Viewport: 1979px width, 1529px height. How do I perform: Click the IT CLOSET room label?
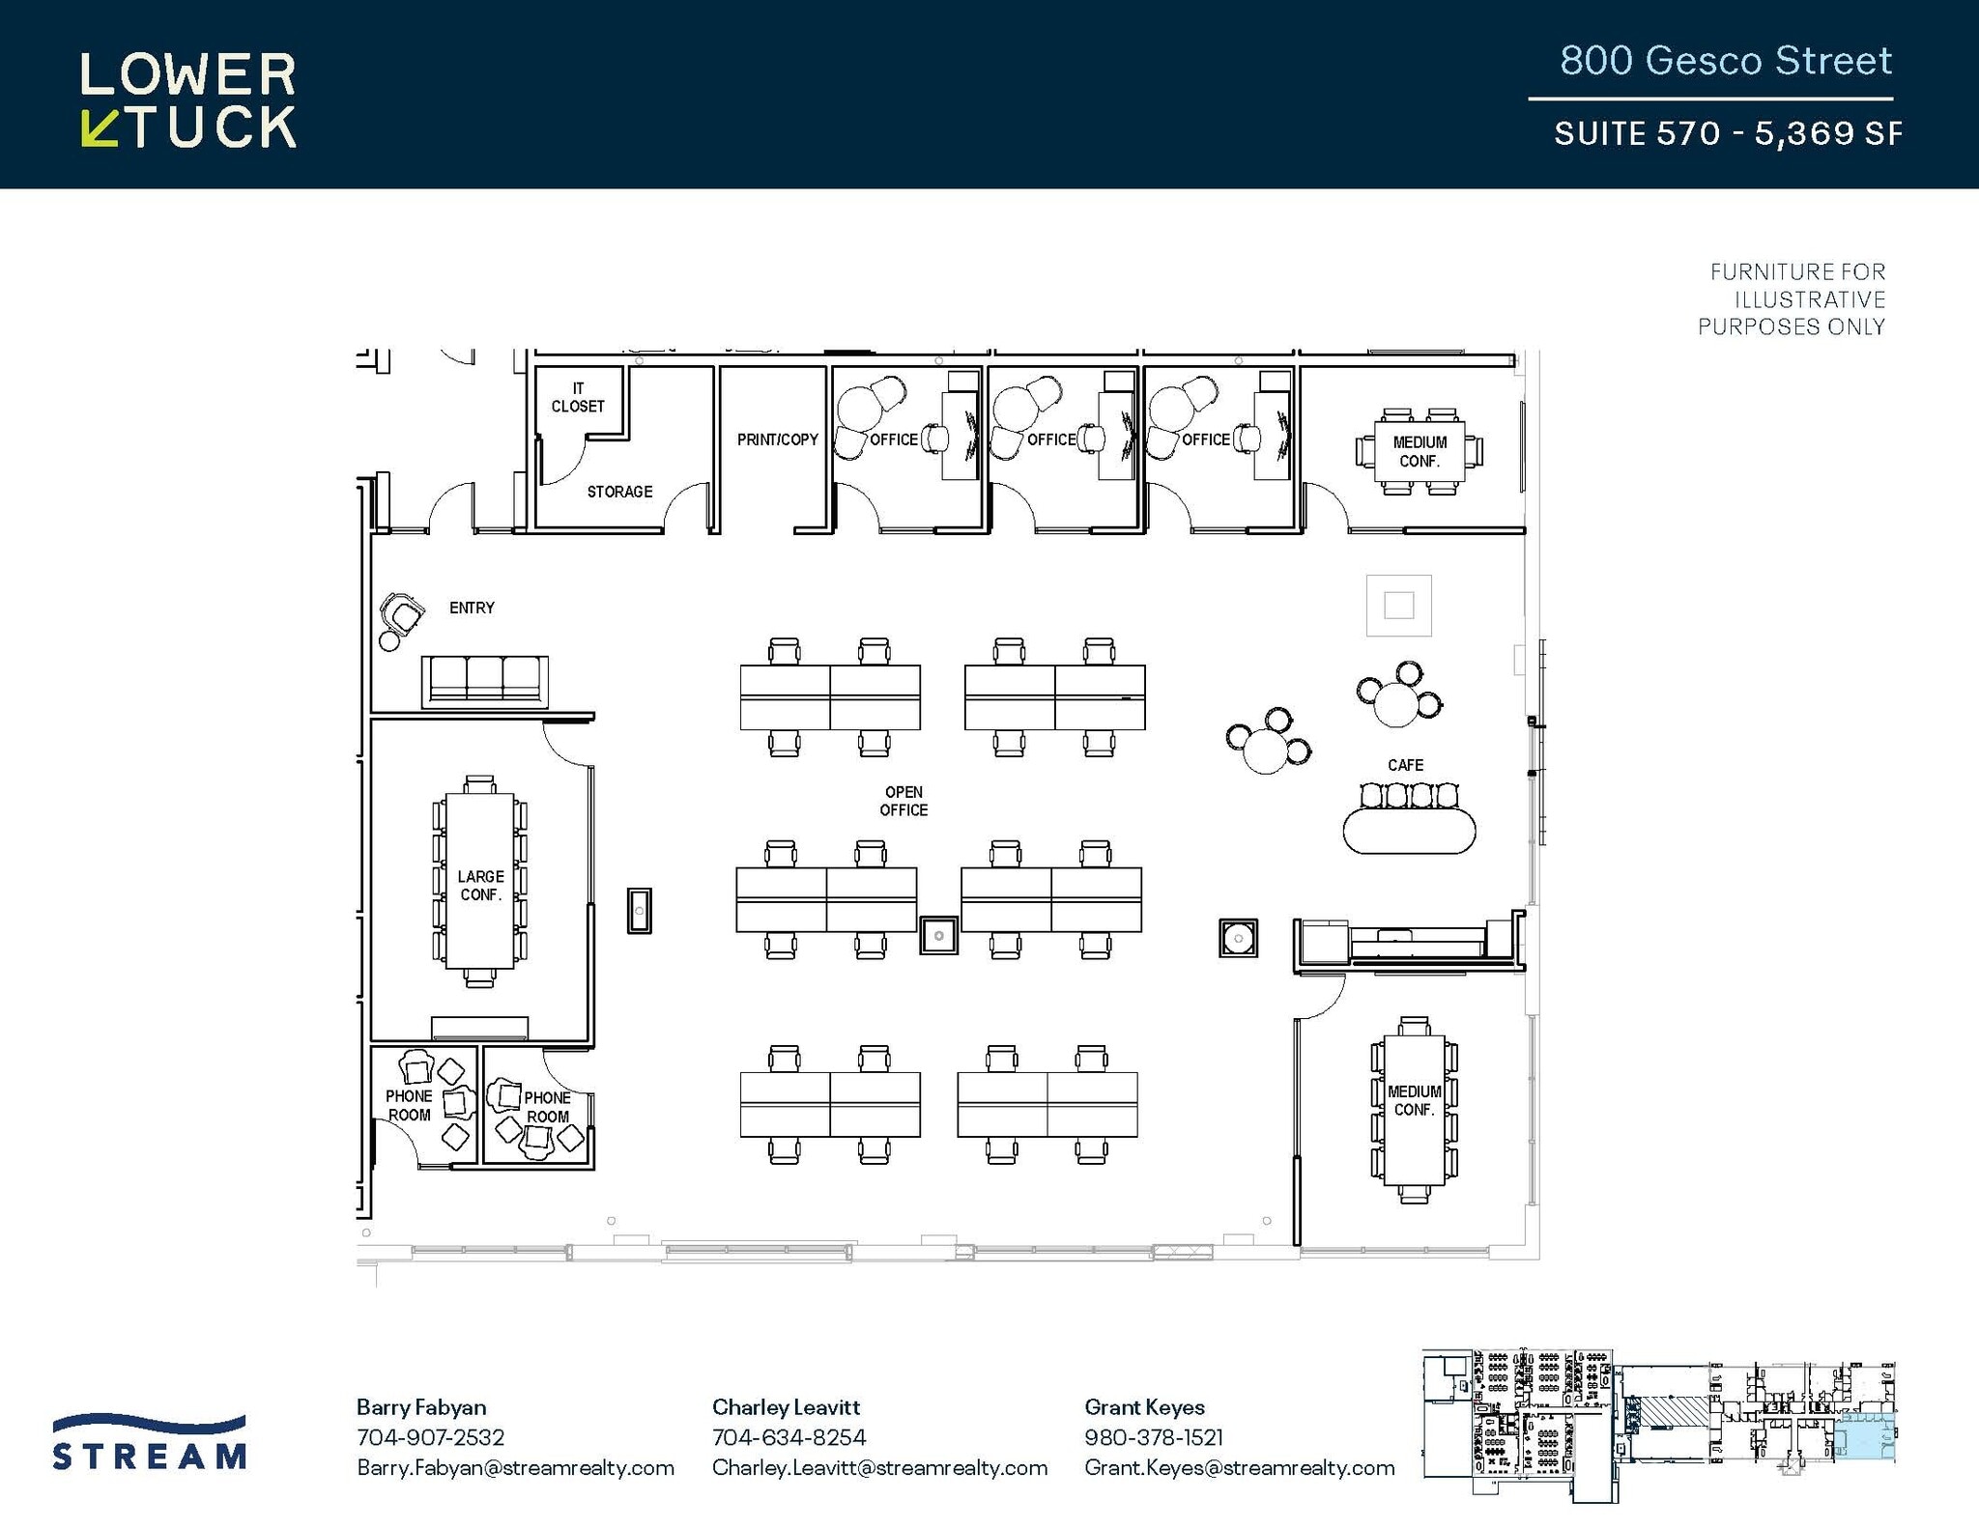point(578,398)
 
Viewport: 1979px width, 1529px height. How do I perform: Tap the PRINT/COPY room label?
point(777,439)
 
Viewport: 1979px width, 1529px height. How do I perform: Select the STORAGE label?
point(619,492)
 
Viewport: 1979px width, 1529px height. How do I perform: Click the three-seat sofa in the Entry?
point(485,680)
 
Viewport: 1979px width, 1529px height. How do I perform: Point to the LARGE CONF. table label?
point(480,885)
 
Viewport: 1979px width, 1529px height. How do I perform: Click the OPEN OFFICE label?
point(903,801)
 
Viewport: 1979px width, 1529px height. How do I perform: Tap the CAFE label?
point(1405,765)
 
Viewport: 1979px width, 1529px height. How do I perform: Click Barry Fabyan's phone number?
point(430,1437)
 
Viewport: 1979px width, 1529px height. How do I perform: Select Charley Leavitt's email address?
point(879,1467)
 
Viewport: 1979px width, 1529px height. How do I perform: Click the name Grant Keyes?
point(1144,1407)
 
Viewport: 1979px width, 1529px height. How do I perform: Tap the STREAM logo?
point(150,1443)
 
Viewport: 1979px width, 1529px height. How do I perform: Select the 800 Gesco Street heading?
point(1725,61)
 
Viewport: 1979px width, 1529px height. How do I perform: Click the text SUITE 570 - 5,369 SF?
point(1727,132)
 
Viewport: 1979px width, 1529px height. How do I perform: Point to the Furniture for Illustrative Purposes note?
point(1793,299)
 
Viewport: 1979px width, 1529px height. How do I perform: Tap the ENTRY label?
point(472,608)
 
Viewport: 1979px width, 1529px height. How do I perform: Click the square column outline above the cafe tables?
point(1398,606)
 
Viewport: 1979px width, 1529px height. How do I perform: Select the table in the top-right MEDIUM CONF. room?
point(1420,451)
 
